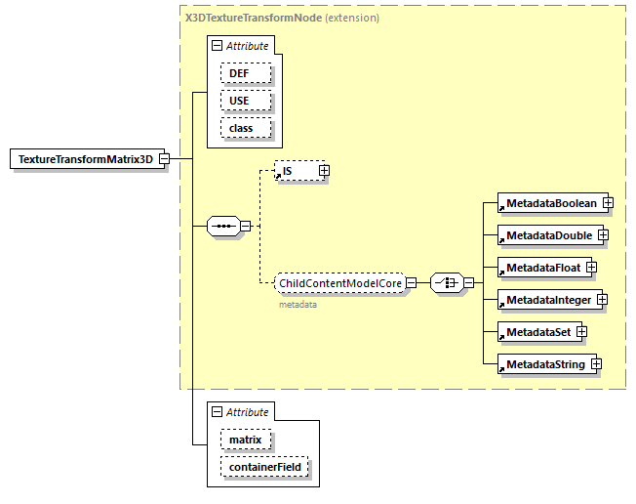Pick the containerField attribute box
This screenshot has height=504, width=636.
(265, 468)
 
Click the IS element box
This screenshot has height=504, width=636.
(296, 171)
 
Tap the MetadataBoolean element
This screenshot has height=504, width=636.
(549, 202)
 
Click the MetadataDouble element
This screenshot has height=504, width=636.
(546, 235)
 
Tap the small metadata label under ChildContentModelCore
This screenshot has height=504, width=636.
(298, 305)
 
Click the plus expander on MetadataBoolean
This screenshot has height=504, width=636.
(608, 202)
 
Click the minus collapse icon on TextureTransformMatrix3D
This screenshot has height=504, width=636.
(165, 159)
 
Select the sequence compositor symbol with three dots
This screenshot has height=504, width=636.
(223, 227)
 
